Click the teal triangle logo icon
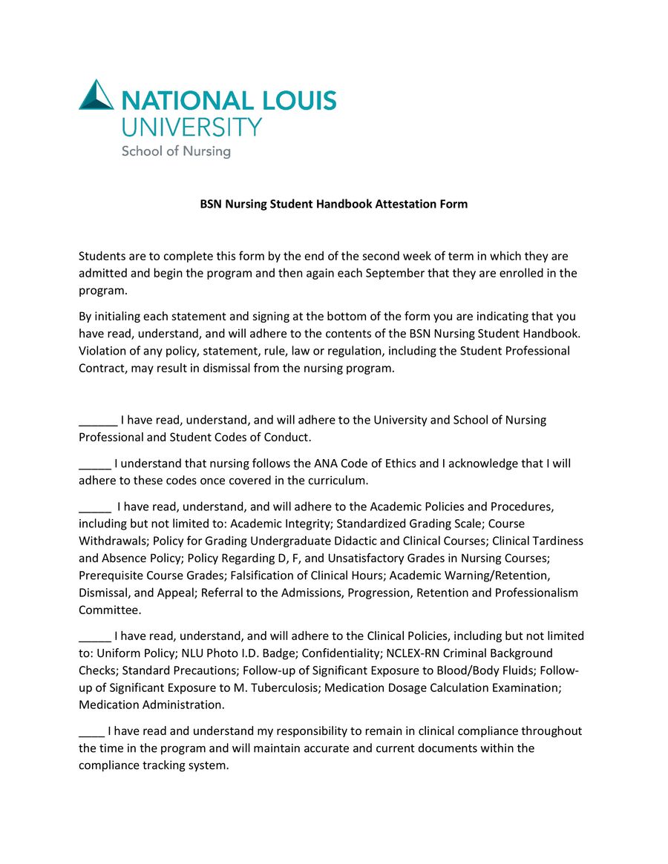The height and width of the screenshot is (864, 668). pyautogui.click(x=96, y=96)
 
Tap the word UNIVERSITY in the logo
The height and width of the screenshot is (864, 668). pyautogui.click(x=192, y=126)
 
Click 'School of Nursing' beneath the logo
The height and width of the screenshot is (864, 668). pyautogui.click(x=176, y=151)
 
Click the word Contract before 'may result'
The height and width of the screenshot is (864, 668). pyautogui.click(x=102, y=368)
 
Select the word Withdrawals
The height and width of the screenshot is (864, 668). pyautogui.click(x=115, y=541)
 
